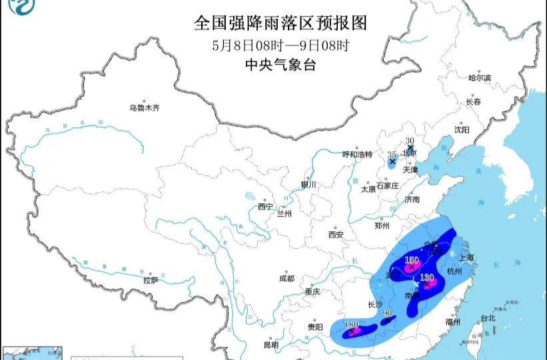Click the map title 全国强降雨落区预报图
tap(280, 23)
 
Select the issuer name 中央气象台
tap(280, 65)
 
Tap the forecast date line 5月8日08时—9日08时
tap(280, 45)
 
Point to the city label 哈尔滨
tap(479, 78)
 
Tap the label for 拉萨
tap(151, 281)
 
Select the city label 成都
tap(287, 278)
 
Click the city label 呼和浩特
tap(357, 155)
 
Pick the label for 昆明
tap(271, 345)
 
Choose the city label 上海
tap(465, 257)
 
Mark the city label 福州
tap(454, 321)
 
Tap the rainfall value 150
tap(411, 259)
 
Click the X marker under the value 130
tap(426, 285)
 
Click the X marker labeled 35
tap(392, 161)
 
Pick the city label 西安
tap(335, 235)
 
